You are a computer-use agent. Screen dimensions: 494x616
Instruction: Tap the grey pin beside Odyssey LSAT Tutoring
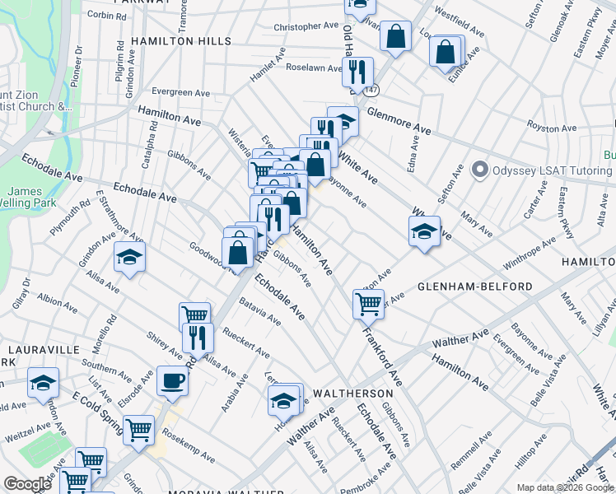[480, 170]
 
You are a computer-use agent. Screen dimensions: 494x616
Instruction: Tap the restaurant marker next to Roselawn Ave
[357, 72]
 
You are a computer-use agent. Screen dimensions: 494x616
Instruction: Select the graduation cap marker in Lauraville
[43, 382]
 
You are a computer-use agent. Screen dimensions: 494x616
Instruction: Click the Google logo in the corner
[27, 484]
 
